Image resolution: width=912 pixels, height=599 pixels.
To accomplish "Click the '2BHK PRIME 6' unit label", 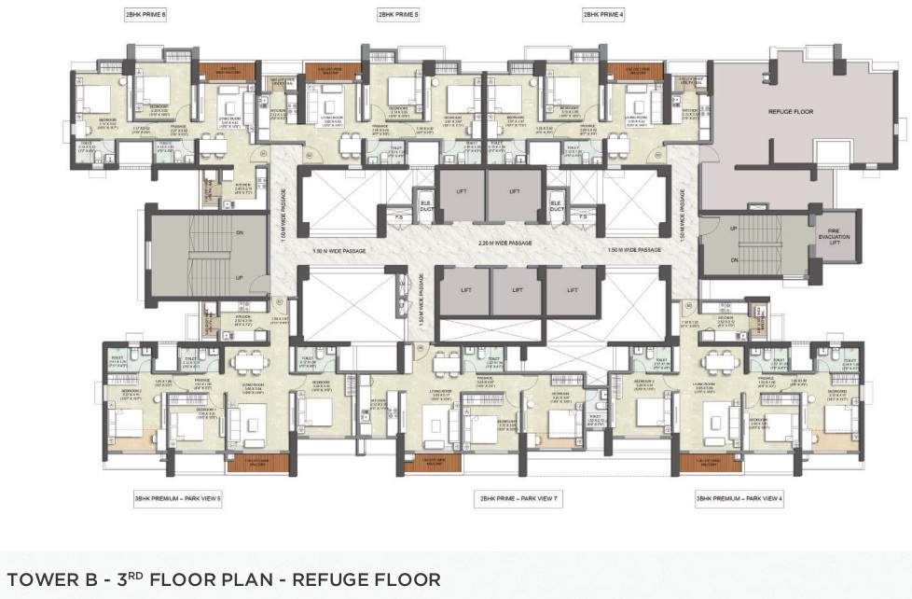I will (x=145, y=15).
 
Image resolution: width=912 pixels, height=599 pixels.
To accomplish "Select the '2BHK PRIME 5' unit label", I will (x=398, y=15).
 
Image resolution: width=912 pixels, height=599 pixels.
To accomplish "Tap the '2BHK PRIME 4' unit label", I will (x=603, y=15).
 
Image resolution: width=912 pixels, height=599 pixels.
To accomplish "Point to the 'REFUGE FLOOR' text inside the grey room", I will (x=790, y=112).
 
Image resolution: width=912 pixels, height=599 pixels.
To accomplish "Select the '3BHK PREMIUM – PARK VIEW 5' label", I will (x=177, y=499).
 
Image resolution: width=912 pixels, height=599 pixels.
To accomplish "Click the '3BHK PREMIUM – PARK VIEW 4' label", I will (x=739, y=499).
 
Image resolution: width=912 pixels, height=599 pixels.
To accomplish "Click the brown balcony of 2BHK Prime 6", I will (x=221, y=70).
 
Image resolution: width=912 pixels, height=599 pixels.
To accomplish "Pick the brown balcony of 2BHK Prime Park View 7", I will (x=430, y=461).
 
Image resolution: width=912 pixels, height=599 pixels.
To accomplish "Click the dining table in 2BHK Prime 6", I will (x=213, y=145).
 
